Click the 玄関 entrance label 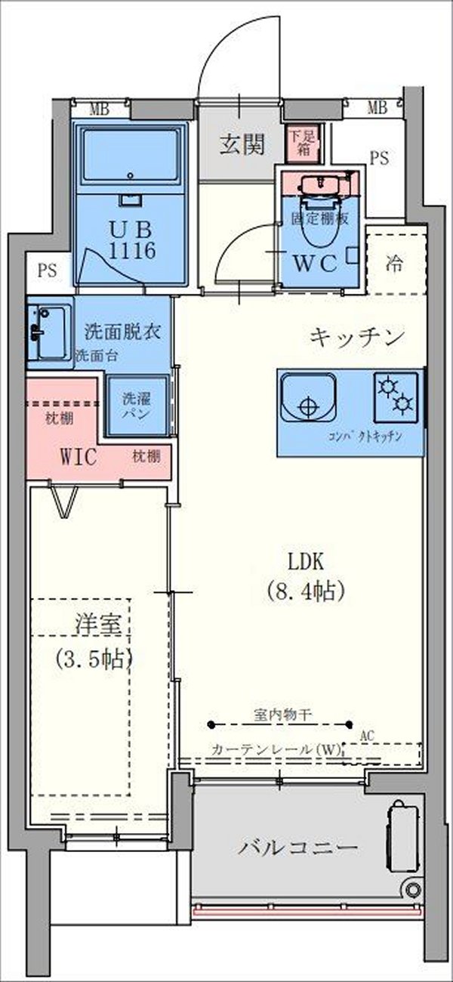242,144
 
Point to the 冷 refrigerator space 393,264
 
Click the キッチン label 357,337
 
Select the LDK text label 305,561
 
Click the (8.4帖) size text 306,591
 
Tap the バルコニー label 298,847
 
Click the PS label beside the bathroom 48,271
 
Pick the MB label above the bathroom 99,110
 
